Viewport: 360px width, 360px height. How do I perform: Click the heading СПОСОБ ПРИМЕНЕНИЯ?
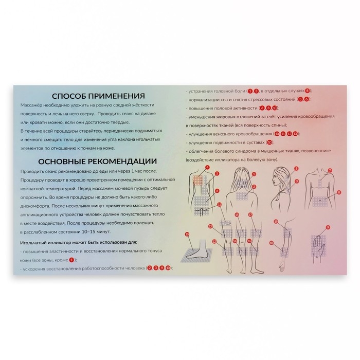tap(99, 96)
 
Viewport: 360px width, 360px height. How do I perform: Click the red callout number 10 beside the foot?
tap(187, 234)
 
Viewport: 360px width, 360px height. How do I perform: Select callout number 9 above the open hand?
tap(327, 226)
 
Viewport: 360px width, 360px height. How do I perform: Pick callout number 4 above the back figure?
tap(207, 168)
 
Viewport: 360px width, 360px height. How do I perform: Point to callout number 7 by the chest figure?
tap(330, 170)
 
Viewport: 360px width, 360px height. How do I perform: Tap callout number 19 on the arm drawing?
tap(276, 221)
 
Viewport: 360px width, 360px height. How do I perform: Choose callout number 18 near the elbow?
tap(272, 242)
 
